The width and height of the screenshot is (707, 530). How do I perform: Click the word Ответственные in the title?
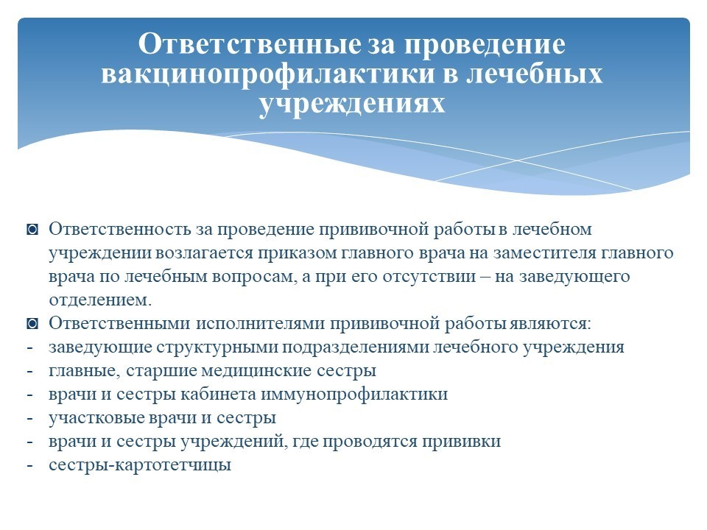coord(250,43)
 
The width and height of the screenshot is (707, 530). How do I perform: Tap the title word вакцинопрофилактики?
coord(268,74)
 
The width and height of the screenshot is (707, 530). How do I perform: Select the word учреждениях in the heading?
coord(352,104)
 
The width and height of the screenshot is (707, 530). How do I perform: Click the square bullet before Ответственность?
coord(32,230)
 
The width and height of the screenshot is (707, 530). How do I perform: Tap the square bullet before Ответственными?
coord(32,324)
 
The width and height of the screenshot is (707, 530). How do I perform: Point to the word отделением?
coord(100,300)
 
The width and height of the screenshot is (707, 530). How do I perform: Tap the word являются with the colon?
coord(550,324)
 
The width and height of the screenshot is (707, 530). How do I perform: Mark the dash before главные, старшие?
coord(29,371)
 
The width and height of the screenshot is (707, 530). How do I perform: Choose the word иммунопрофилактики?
coord(354,395)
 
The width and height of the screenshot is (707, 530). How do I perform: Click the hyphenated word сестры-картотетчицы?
coord(140,465)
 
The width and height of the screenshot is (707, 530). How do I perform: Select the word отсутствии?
coord(429,276)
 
